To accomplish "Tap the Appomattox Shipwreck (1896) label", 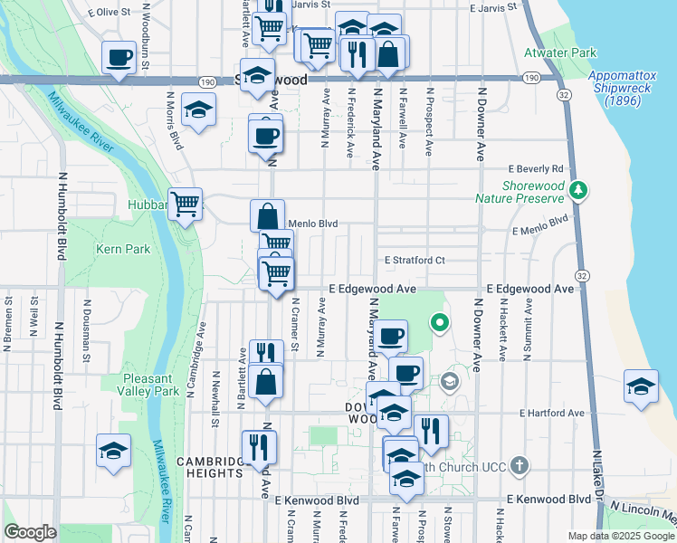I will (x=618, y=89).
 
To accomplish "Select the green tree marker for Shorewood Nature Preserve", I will (x=579, y=191).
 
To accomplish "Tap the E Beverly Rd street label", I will (x=536, y=169).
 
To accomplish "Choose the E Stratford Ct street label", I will (x=415, y=260).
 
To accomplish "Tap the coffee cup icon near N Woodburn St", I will (x=119, y=59).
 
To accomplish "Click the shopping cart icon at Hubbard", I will (x=186, y=205).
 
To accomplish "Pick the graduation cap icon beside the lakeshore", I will (x=641, y=386).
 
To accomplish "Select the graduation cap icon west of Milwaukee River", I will (x=113, y=451).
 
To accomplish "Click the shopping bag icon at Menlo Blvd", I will (x=268, y=216).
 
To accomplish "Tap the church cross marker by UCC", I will (x=519, y=466).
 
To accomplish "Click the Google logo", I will (x=31, y=533).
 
